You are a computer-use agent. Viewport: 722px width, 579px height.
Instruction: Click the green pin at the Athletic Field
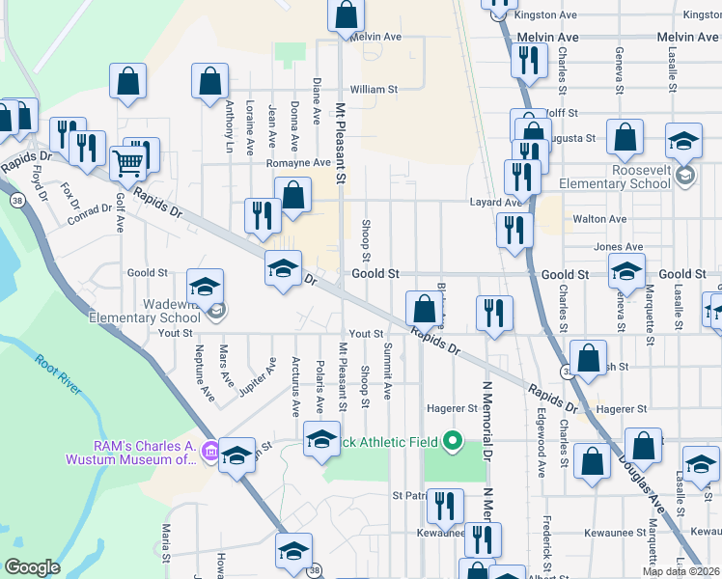click(451, 443)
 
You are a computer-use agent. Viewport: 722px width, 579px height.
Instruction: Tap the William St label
click(374, 89)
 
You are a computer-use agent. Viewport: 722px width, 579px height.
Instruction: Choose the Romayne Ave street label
click(298, 163)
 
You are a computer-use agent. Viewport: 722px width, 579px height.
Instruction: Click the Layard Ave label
click(495, 203)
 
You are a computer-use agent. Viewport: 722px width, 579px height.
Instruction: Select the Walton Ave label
click(600, 219)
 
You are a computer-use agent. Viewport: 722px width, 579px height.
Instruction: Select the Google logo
click(32, 567)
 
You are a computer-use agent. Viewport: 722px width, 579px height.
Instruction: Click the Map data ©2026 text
click(680, 571)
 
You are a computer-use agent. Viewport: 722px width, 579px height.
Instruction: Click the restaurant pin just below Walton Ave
click(514, 231)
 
